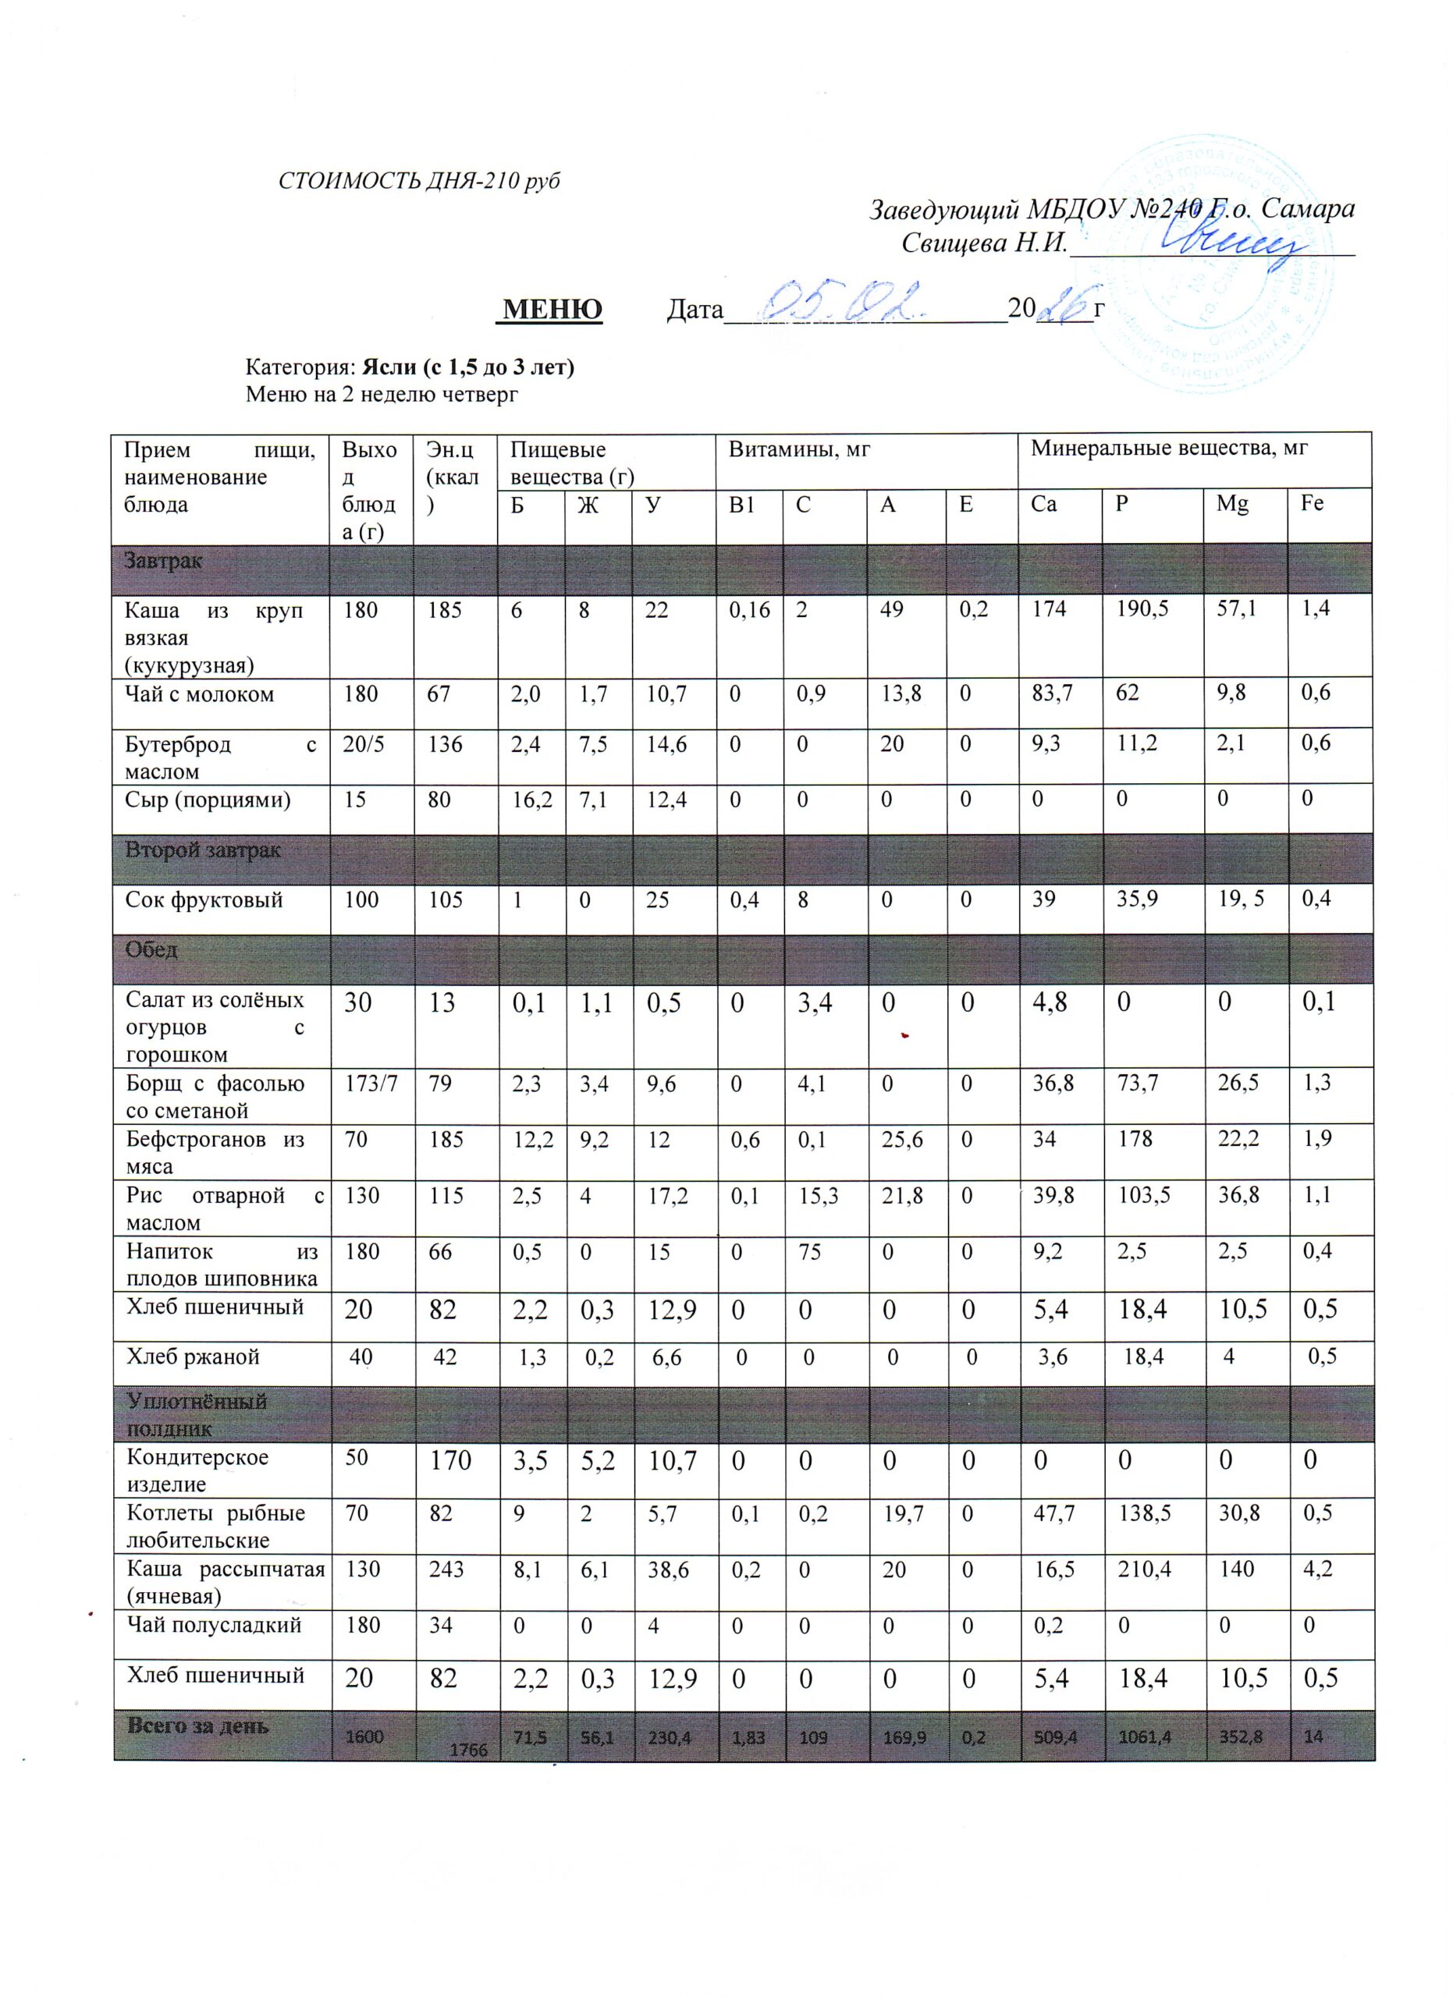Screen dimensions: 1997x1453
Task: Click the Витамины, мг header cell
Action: [799, 450]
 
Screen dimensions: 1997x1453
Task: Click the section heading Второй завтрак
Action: [203, 850]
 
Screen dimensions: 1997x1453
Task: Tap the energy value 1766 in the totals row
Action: [467, 1750]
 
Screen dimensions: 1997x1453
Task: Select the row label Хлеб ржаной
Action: [192, 1357]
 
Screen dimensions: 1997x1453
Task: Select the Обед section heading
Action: [151, 950]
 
